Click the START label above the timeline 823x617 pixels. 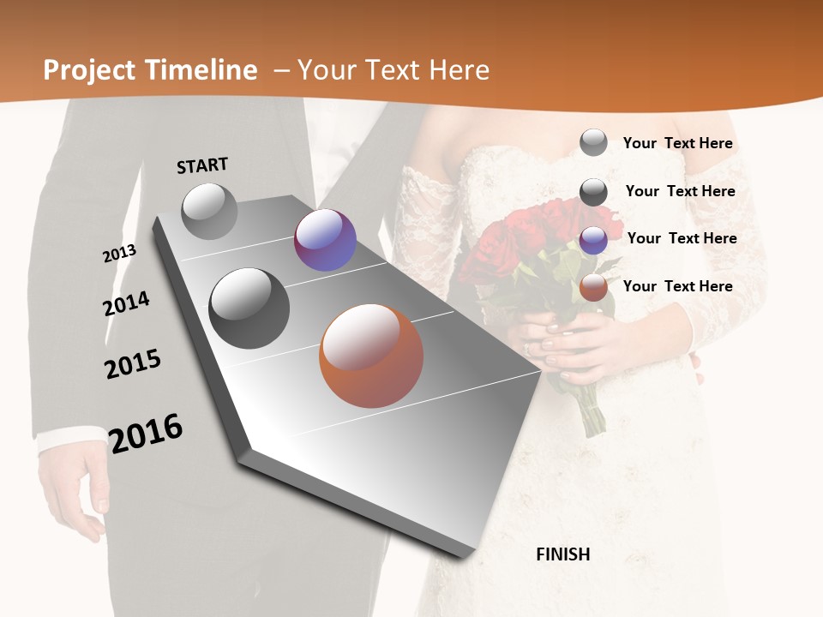click(x=202, y=165)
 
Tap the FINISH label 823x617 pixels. click(x=563, y=554)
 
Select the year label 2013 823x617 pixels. click(x=119, y=253)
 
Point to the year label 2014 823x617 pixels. click(x=126, y=303)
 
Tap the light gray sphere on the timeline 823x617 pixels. click(x=209, y=211)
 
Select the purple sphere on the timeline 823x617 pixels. click(x=325, y=240)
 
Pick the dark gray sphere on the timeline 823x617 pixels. click(x=249, y=308)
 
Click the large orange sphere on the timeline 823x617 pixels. click(x=371, y=356)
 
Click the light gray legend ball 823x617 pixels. click(x=593, y=142)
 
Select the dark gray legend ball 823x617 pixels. click(x=593, y=192)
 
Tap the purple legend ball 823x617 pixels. click(x=593, y=240)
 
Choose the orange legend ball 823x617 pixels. click(x=593, y=288)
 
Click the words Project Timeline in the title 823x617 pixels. click(x=150, y=70)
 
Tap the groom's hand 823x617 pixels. click(x=73, y=488)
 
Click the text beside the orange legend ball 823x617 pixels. click(x=677, y=286)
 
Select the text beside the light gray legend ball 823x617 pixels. click(x=677, y=143)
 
